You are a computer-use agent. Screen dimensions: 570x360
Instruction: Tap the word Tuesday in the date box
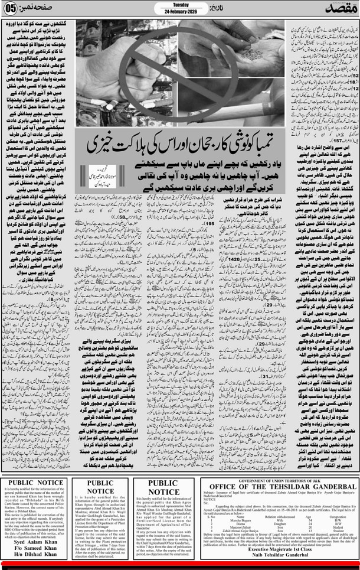click(x=181, y=4)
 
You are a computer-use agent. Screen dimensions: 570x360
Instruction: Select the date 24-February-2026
click(x=181, y=10)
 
